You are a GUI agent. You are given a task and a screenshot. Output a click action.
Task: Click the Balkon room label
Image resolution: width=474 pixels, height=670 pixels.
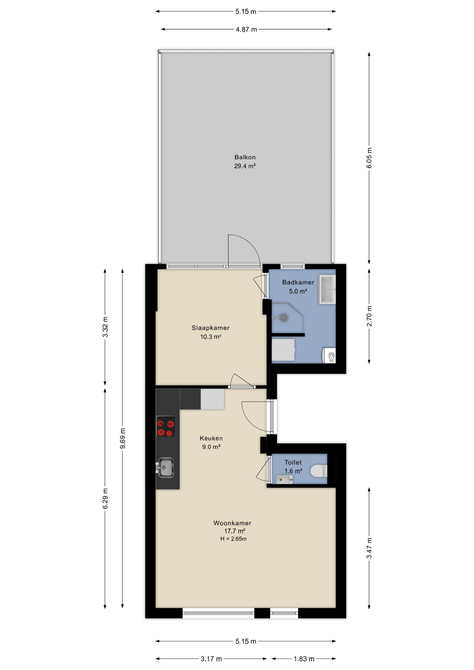(x=245, y=157)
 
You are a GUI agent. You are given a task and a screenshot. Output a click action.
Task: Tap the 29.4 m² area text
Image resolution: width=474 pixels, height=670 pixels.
(x=245, y=166)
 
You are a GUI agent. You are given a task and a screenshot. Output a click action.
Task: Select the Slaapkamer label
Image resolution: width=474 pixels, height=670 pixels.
(x=210, y=328)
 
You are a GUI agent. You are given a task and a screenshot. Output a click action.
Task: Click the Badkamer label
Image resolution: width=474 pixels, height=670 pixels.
(x=298, y=282)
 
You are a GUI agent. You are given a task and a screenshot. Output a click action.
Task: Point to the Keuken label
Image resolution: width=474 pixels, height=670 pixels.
(x=211, y=438)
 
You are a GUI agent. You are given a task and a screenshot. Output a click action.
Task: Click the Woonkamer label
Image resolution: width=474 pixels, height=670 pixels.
(x=232, y=523)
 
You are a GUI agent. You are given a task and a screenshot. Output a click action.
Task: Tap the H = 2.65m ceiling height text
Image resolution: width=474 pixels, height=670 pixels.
(x=233, y=539)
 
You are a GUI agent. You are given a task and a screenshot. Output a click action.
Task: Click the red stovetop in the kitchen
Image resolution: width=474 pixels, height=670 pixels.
(x=165, y=426)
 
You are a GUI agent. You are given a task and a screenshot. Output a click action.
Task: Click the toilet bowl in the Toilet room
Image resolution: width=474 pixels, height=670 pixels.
(x=319, y=471)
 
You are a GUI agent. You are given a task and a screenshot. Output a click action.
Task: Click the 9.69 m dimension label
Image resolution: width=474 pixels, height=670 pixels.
(x=123, y=439)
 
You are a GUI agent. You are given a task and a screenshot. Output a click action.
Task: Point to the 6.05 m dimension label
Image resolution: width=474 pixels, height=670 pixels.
(x=369, y=158)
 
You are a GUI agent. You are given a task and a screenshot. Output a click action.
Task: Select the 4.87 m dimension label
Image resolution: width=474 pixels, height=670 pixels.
(x=246, y=30)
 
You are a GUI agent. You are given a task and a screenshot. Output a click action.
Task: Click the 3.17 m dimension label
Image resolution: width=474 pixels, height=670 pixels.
(x=211, y=659)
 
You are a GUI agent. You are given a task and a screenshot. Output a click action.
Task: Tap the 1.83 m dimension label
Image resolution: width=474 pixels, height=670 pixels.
(x=304, y=659)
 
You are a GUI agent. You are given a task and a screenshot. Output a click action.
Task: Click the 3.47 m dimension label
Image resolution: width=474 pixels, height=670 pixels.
(x=369, y=548)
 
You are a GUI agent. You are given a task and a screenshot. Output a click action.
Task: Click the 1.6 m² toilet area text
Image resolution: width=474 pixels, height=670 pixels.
(x=293, y=471)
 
